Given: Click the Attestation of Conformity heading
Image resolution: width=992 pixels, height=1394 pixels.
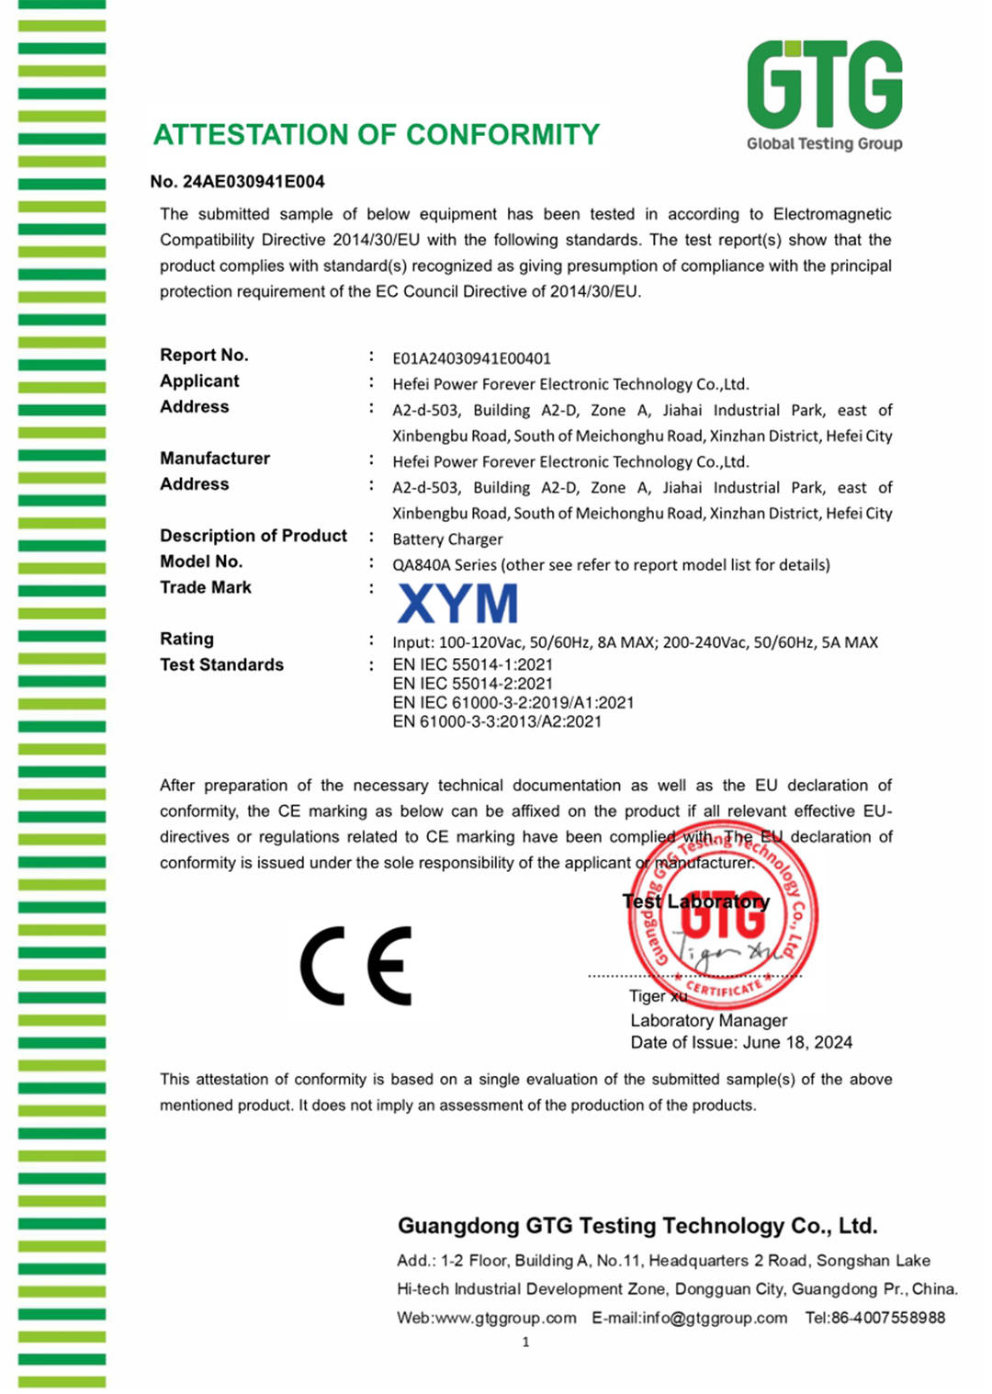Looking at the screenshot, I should (x=376, y=135).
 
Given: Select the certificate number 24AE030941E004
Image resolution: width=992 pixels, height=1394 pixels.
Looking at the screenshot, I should (x=254, y=182).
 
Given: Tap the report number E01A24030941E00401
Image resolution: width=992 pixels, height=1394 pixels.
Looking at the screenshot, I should (x=471, y=358).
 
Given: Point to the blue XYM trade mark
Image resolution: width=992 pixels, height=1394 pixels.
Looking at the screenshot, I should (x=457, y=604).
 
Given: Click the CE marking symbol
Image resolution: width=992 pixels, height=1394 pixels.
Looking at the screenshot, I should (x=356, y=966).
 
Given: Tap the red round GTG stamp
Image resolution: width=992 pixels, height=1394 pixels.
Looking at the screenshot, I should (x=723, y=915).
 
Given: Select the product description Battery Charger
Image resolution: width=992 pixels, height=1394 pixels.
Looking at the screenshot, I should (x=447, y=539).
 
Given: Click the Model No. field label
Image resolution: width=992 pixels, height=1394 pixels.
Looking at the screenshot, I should (x=201, y=561).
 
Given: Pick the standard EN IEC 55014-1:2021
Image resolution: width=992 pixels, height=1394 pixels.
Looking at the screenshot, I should (x=472, y=664).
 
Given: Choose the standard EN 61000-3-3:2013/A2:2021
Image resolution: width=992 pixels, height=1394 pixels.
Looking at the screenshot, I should (x=497, y=722).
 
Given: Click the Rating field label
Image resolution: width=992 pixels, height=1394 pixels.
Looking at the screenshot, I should (x=186, y=639).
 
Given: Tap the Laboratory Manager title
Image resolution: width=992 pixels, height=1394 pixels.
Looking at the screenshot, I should (x=708, y=1020).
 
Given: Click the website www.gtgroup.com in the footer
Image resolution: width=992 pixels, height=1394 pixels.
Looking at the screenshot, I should (x=504, y=1318).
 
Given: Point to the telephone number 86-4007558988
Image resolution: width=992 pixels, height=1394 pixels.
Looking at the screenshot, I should (x=887, y=1318).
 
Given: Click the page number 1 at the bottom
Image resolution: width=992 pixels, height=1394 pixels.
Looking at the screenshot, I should (x=525, y=1343).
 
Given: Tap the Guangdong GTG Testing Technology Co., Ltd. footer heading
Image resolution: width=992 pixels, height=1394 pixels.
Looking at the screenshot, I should (x=637, y=1226).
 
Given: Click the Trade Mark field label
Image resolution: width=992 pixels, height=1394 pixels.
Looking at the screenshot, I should (x=206, y=587).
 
